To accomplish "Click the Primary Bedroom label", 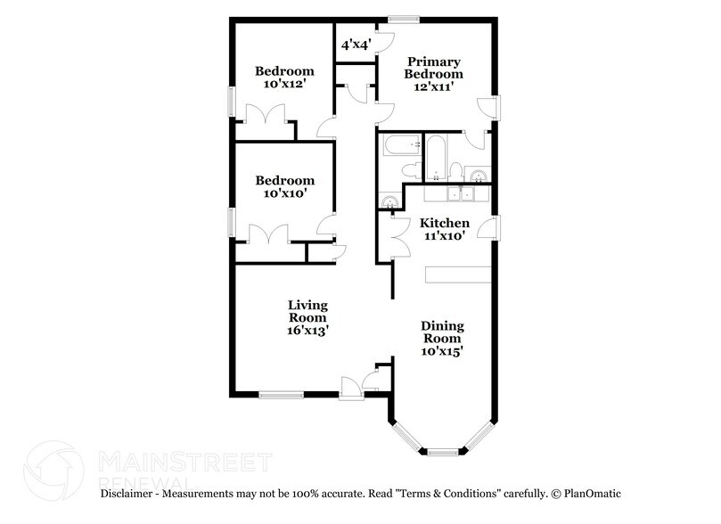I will click(434, 68).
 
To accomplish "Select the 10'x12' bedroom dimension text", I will click(284, 85).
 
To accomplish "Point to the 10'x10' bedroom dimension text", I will click(284, 192).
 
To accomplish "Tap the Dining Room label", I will click(442, 332).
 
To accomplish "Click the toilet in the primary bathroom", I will click(455, 170).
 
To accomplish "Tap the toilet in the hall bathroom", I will click(411, 169).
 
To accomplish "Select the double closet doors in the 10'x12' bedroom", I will click(266, 117).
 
